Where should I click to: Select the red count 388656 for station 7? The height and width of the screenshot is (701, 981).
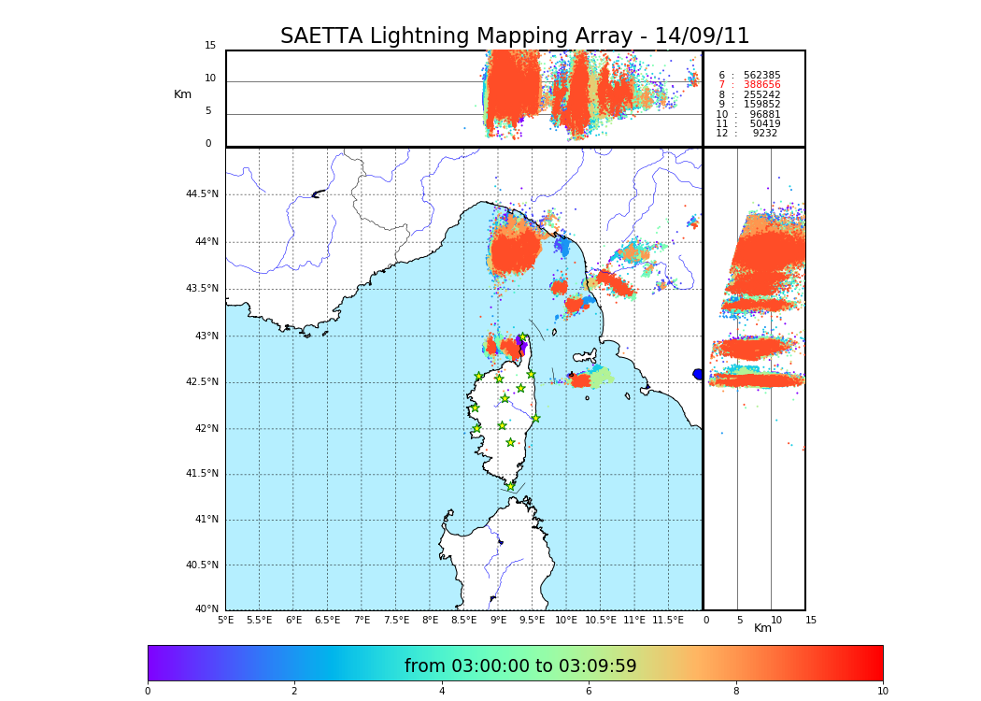[x=761, y=85]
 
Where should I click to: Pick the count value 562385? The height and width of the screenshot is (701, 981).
[x=761, y=76]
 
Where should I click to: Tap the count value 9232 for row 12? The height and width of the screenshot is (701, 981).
[x=764, y=134]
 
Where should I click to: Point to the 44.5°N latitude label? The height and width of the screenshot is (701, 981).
[x=202, y=194]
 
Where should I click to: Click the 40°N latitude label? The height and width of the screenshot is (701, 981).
[x=206, y=609]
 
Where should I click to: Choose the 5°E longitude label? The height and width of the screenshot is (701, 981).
[x=225, y=620]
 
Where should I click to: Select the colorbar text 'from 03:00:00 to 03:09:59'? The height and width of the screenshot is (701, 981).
[x=520, y=666]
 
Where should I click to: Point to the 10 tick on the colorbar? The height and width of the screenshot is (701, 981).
[x=883, y=692]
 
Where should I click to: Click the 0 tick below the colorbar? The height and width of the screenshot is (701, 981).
[x=148, y=692]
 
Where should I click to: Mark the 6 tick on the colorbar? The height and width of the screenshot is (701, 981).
[x=589, y=692]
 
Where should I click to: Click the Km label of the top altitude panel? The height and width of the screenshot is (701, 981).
[x=182, y=94]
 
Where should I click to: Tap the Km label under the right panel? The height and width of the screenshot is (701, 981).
[x=763, y=629]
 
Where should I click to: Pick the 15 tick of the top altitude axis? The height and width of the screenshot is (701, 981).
[x=210, y=46]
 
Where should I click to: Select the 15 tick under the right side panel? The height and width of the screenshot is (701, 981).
[x=811, y=620]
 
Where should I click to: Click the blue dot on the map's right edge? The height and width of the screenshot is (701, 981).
[x=698, y=374]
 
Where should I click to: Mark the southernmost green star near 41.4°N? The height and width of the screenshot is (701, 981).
[x=510, y=486]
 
